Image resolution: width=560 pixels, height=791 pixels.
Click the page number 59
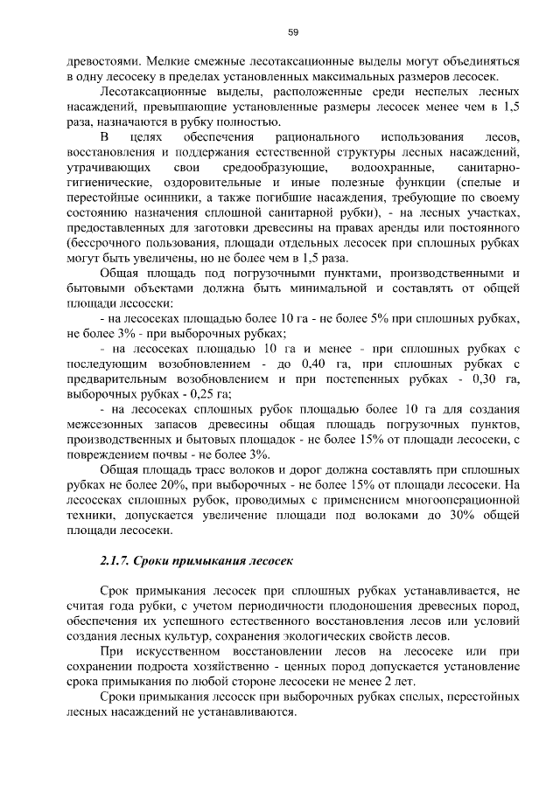[x=294, y=32]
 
